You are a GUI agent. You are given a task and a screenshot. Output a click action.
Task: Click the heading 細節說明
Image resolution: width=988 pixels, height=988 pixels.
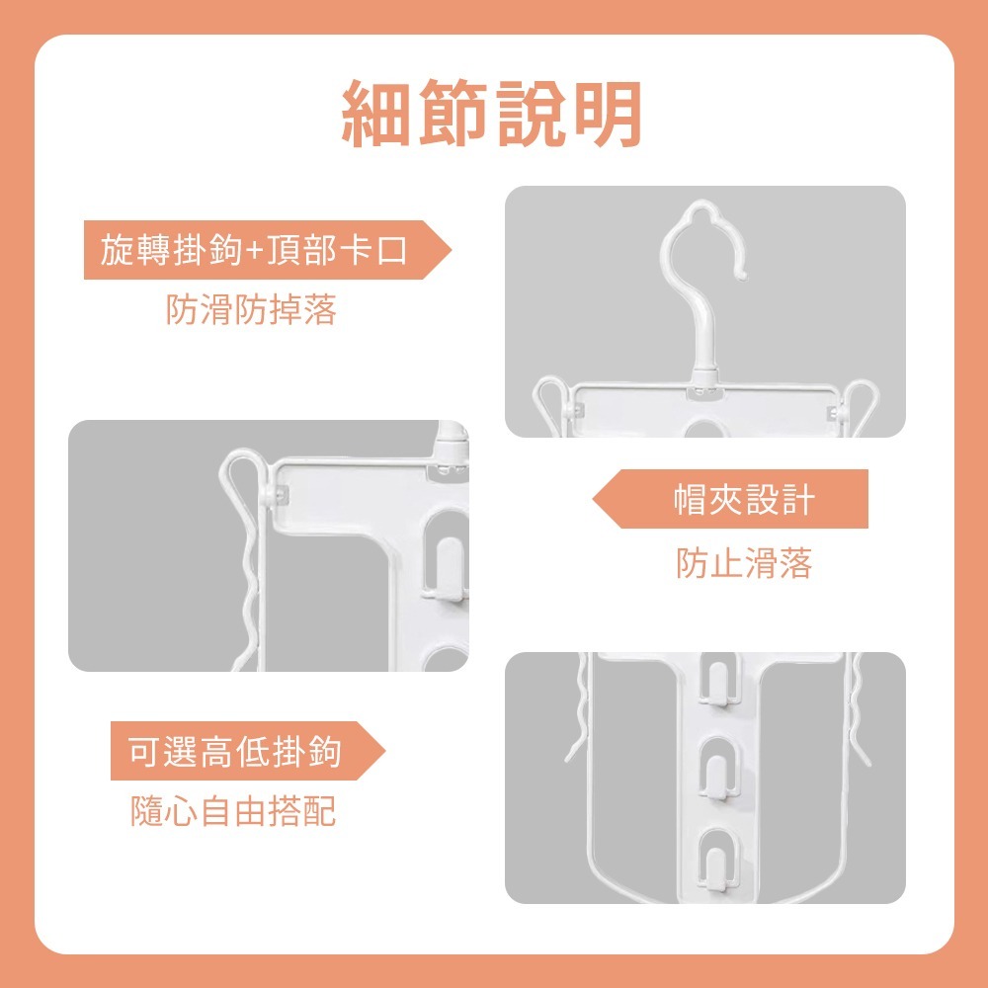(x=492, y=116)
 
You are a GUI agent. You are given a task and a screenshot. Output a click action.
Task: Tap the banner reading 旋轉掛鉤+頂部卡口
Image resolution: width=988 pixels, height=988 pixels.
(x=255, y=250)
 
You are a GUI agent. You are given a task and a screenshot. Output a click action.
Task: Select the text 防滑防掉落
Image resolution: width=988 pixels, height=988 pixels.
(x=252, y=310)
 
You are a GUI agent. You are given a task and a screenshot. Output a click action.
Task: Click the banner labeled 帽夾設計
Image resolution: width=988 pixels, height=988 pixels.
(x=743, y=499)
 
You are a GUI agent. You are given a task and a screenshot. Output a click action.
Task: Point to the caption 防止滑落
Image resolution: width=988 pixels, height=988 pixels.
(x=744, y=563)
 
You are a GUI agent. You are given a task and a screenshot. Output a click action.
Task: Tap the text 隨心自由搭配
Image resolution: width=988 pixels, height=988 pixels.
(x=233, y=812)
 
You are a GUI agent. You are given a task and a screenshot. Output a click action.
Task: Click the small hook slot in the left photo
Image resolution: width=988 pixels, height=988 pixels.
(x=442, y=565)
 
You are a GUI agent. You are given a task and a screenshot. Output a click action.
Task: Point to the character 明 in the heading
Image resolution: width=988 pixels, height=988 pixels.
(x=606, y=116)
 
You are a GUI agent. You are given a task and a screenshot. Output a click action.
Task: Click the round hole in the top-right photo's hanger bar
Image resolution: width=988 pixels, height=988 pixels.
(x=705, y=429)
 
